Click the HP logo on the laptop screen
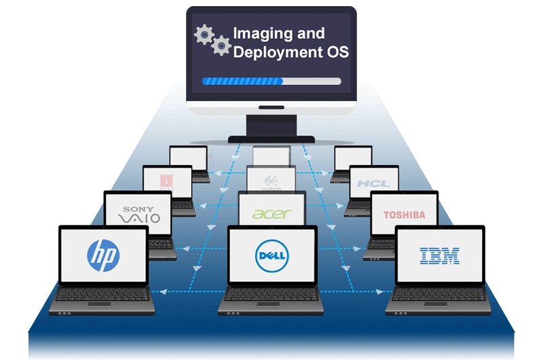coord(103,255)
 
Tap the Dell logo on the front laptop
coord(271,256)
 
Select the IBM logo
coord(439,255)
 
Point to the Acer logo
coord(271,213)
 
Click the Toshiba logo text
coord(404,215)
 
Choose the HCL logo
coord(373,184)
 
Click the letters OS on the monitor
coord(337,53)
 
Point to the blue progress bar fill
coord(242,82)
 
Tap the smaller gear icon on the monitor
coord(221,46)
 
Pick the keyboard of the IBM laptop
coord(439,296)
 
